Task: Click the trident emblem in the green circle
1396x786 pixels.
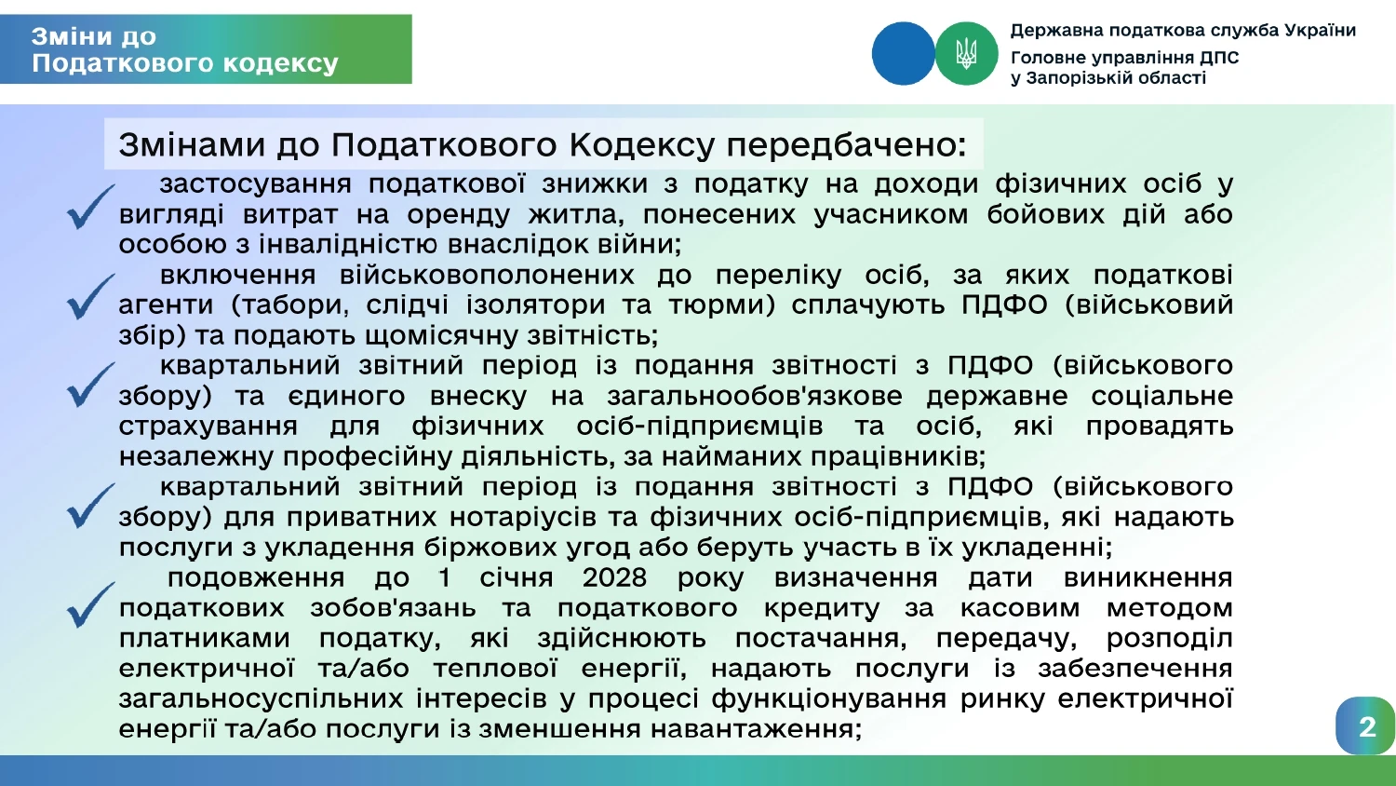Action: tap(966, 54)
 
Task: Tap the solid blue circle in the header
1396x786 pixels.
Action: tap(903, 54)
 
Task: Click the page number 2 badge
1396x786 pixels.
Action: tap(1365, 726)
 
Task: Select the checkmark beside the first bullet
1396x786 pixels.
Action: tap(91, 207)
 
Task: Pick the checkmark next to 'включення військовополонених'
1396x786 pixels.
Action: tap(91, 297)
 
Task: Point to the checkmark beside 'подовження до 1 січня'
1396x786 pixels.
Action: tap(91, 605)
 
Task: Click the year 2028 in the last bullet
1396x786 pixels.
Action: tap(614, 577)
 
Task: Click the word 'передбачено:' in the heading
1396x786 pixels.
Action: tap(846, 144)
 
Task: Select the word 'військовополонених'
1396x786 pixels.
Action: tap(487, 275)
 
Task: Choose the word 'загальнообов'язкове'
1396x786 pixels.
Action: tap(755, 396)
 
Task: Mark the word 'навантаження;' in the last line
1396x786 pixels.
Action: tap(756, 728)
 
